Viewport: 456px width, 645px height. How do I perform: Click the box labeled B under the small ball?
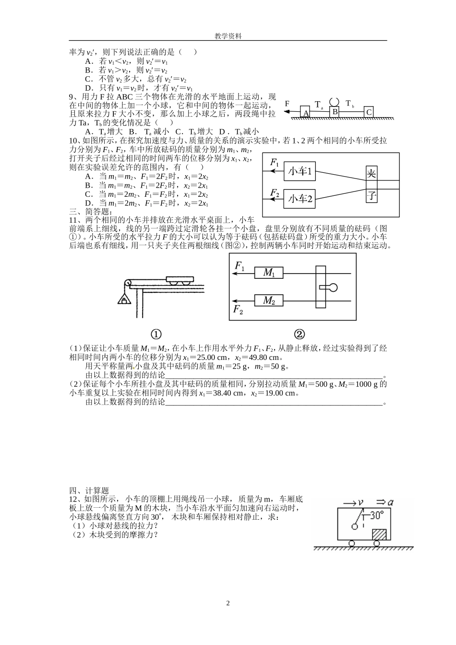[x=335, y=111]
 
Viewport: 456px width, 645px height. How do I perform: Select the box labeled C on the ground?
[x=369, y=112]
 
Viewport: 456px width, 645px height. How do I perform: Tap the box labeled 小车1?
[x=300, y=171]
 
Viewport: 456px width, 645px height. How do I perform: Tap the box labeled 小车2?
[x=300, y=198]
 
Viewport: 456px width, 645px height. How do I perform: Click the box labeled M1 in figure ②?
[x=269, y=273]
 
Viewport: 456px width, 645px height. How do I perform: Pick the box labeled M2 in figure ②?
[x=269, y=300]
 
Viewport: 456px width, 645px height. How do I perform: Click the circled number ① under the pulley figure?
[x=156, y=334]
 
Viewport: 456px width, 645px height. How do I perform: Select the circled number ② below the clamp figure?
[x=299, y=334]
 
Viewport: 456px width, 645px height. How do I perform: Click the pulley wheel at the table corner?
[x=128, y=284]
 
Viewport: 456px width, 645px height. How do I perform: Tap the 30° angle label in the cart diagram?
[x=376, y=515]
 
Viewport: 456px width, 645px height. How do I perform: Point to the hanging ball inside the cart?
[x=355, y=527]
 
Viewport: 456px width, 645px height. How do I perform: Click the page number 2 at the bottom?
[x=228, y=603]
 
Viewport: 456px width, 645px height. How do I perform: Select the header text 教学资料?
[x=228, y=36]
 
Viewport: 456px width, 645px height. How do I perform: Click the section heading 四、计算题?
[x=89, y=490]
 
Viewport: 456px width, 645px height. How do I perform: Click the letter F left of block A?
[x=287, y=103]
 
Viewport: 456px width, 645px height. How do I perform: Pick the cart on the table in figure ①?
[x=180, y=280]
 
